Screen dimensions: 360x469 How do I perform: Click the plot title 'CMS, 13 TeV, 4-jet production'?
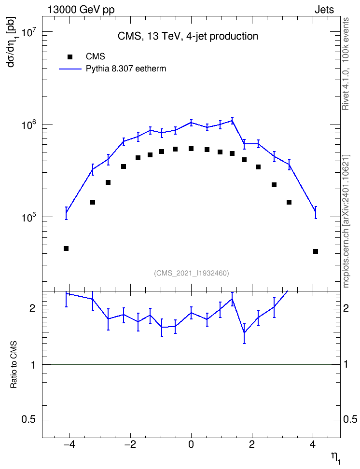(188, 36)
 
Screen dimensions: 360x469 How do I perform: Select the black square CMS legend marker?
(70, 56)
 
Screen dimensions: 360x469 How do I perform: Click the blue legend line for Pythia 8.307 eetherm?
(70, 69)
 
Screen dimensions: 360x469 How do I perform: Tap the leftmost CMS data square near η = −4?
(66, 248)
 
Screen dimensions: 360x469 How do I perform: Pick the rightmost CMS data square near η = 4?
(316, 251)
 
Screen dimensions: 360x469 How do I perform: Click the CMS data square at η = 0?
(191, 149)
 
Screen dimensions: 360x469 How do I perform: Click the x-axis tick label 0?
(191, 444)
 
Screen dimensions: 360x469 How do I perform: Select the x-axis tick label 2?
(252, 444)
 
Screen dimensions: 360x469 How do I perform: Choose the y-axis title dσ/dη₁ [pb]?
(12, 42)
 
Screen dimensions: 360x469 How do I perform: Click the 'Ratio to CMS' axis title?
(14, 365)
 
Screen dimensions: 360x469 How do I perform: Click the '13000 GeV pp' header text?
(81, 10)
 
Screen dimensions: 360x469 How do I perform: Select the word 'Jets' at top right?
(324, 10)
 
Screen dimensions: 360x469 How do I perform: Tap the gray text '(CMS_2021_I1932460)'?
(192, 273)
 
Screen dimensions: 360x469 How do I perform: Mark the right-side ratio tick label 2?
(346, 308)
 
